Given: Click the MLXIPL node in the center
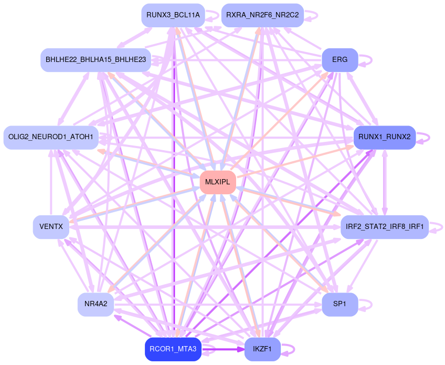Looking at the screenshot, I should click(x=217, y=182).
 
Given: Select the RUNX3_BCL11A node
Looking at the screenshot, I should click(x=173, y=15).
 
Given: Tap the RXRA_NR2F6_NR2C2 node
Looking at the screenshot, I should click(x=262, y=15).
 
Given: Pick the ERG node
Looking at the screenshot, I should click(x=340, y=60).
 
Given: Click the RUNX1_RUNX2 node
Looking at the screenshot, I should click(x=385, y=138).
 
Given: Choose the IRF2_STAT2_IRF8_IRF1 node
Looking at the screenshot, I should click(x=385, y=227).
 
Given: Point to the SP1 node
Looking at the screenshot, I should click(x=340, y=304).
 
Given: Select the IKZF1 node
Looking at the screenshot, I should click(x=262, y=349).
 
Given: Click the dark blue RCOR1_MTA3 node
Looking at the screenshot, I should click(x=173, y=349).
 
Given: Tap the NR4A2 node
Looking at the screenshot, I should click(x=96, y=304).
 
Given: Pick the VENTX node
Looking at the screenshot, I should click(x=51, y=227).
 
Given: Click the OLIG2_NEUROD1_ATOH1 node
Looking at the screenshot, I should click(x=51, y=138).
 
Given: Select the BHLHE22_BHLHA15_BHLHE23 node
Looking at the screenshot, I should click(x=96, y=60).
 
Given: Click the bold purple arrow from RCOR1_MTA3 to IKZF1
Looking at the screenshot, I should click(x=223, y=349).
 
